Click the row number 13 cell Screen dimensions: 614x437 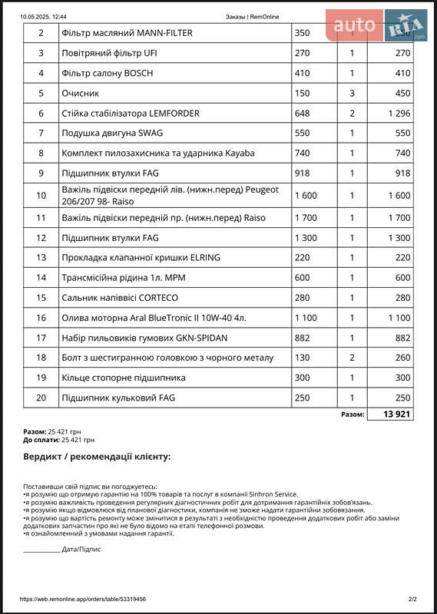pos(41,258)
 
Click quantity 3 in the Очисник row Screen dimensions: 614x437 pos(352,94)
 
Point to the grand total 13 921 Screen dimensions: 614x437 pos(389,414)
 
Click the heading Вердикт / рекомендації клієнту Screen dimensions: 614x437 pos(97,457)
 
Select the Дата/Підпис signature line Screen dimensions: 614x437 pos(62,550)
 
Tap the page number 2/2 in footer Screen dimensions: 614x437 pos(412,599)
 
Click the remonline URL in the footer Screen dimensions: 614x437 pos(83,599)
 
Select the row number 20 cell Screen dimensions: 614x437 pos(41,398)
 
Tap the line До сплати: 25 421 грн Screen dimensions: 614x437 pos(59,441)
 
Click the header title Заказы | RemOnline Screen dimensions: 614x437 pos(253,16)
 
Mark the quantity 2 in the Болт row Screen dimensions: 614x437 pos(352,358)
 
